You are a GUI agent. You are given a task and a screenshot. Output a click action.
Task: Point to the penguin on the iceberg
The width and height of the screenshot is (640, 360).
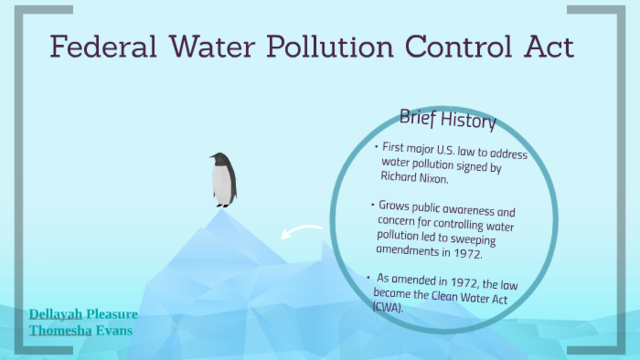click(222, 180)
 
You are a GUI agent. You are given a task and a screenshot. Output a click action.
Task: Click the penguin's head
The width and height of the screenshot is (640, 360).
click(219, 159)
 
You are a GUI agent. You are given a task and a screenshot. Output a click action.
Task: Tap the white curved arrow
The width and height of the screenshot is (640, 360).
click(297, 235)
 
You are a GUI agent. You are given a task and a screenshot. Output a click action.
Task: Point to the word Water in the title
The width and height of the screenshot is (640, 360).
click(206, 49)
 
